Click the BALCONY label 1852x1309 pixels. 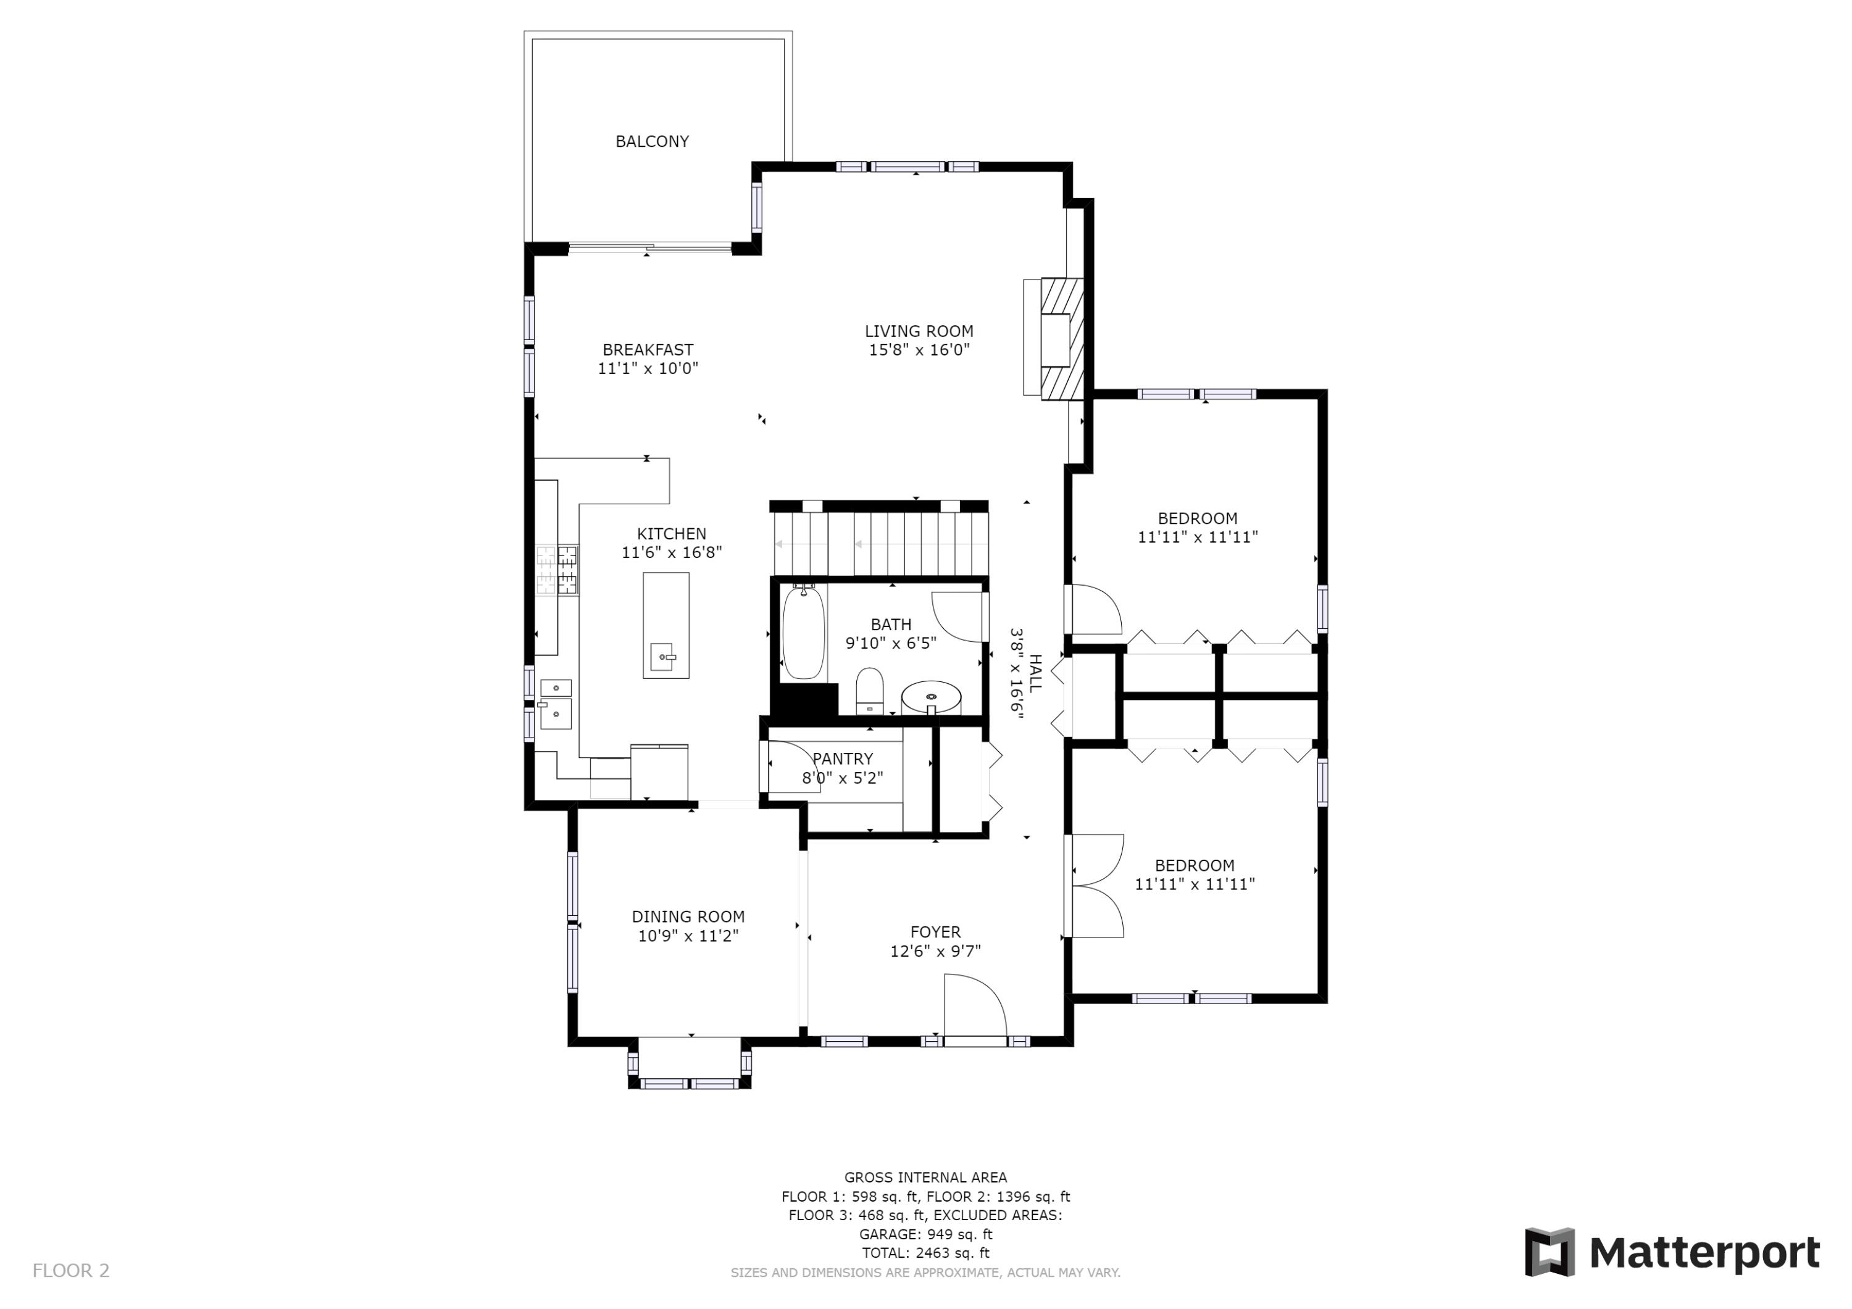[652, 142]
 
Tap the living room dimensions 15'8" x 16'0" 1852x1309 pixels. [919, 350]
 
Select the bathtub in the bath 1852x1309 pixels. [803, 633]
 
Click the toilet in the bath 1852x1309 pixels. [869, 691]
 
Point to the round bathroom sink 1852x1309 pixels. [931, 695]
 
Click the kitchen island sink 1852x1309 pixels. [662, 657]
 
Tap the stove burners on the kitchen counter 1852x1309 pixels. [557, 570]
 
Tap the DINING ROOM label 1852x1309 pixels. [688, 917]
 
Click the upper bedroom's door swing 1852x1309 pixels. [1095, 610]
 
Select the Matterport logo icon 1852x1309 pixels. [1549, 1253]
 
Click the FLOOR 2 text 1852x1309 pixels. [71, 1271]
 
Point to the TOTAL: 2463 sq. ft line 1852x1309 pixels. [925, 1253]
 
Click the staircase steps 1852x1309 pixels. [879, 544]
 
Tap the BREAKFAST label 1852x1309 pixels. [648, 350]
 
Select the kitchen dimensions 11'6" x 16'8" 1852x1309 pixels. [671, 552]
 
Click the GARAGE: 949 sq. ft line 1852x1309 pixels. [925, 1234]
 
